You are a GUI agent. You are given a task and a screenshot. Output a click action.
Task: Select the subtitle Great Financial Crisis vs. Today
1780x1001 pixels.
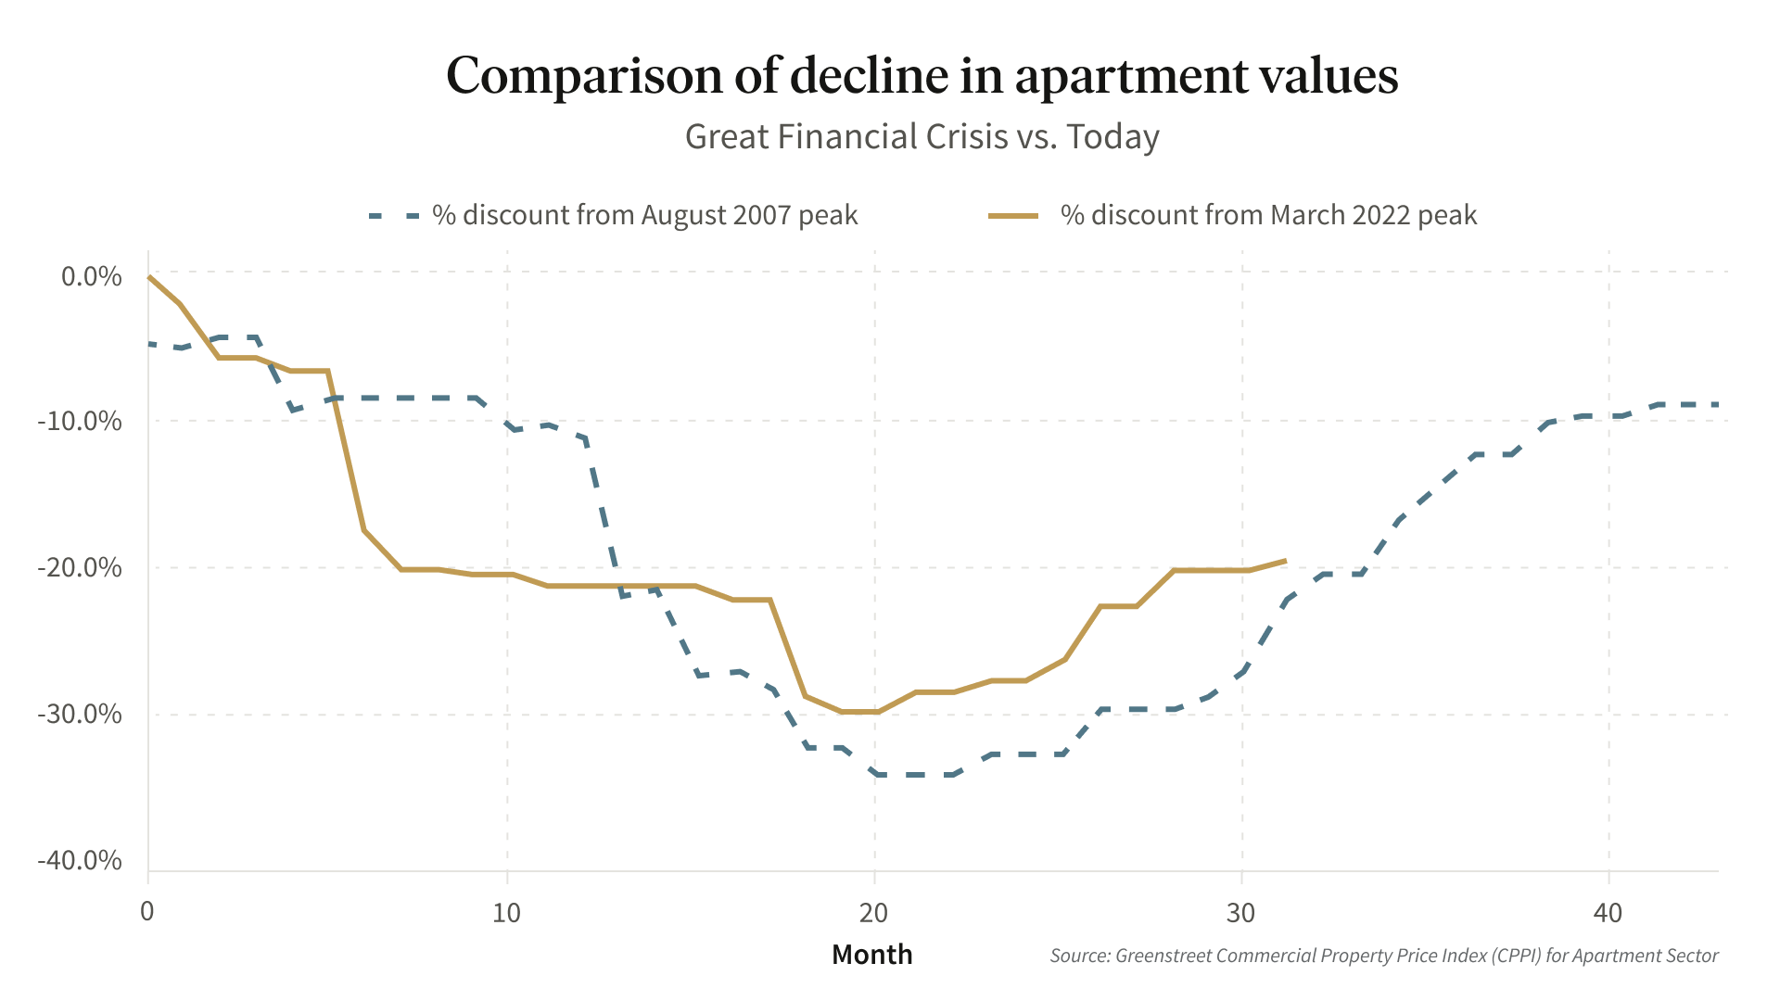click(x=922, y=137)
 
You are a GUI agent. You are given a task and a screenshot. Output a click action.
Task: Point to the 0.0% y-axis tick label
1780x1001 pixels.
click(x=92, y=276)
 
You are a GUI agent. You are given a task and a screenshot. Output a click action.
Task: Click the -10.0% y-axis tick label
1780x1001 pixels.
click(x=80, y=422)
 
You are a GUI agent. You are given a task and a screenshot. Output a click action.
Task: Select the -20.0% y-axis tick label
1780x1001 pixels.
click(x=80, y=567)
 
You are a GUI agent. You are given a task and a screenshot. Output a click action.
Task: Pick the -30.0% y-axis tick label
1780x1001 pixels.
click(x=80, y=714)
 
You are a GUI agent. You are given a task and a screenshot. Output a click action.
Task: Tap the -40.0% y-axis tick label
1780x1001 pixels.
click(x=80, y=860)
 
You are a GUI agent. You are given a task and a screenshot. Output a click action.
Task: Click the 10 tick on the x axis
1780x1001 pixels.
click(x=506, y=913)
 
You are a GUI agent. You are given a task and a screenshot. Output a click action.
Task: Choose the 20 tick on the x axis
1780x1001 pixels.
click(x=873, y=913)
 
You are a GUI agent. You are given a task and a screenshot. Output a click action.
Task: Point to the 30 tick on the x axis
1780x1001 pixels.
click(x=1240, y=913)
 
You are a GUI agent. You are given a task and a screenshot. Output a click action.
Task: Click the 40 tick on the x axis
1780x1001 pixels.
click(x=1608, y=913)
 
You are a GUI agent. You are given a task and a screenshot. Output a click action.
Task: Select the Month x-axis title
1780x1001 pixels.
click(x=871, y=955)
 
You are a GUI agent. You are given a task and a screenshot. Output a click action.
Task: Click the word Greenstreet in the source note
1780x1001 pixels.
click(x=1163, y=956)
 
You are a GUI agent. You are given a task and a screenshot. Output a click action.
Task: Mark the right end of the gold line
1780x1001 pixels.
click(x=1285, y=561)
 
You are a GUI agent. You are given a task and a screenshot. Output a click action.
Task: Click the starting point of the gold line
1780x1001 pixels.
click(x=149, y=276)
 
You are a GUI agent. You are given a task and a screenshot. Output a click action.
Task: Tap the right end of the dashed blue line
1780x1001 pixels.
click(x=1717, y=405)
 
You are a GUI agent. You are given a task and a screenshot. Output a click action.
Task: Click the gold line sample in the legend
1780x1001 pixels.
click(x=1013, y=216)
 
